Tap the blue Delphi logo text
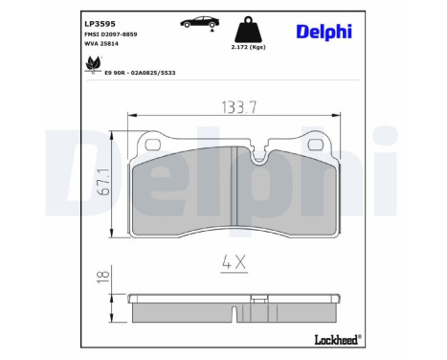[x=322, y=32]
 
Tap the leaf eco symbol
[x=93, y=65]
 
